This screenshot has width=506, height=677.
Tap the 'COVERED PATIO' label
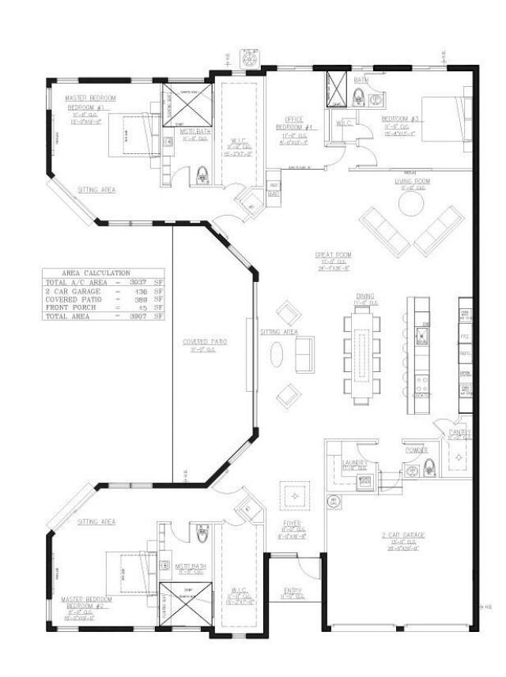(205, 342)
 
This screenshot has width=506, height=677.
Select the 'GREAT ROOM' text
(333, 254)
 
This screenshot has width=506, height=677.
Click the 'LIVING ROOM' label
(411, 181)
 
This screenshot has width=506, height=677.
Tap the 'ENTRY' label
(292, 591)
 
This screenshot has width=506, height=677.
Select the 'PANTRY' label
(459, 433)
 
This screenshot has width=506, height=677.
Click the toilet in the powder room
(431, 466)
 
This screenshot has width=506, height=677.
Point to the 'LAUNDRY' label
(353, 462)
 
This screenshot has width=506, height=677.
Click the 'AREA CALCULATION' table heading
(103, 273)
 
